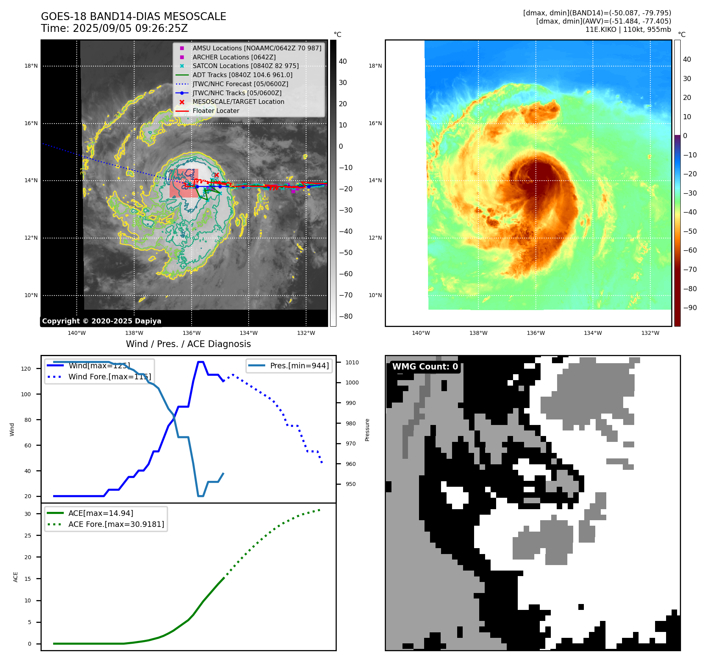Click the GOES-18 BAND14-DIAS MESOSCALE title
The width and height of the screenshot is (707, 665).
tap(133, 17)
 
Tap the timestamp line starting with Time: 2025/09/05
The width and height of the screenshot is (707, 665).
tap(114, 29)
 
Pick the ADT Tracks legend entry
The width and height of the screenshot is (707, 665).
tap(242, 75)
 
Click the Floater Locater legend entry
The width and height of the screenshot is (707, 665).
tap(216, 111)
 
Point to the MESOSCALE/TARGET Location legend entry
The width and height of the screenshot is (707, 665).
tap(238, 102)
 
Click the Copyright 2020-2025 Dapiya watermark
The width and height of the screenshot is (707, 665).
tap(102, 321)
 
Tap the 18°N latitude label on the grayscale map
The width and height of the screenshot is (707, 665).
tap(31, 66)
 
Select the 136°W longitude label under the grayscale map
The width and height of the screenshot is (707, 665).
tap(191, 333)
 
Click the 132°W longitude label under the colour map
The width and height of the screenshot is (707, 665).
tap(650, 333)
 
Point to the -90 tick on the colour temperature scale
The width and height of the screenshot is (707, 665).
tap(690, 308)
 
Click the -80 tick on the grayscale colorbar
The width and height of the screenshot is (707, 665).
tap(346, 316)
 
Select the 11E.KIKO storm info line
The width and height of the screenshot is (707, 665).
tap(628, 30)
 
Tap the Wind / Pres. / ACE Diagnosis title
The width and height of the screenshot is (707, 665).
tap(188, 344)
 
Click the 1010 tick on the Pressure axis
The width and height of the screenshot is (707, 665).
tap(352, 362)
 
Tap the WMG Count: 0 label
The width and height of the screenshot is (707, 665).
tap(425, 367)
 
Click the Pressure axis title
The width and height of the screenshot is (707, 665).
tap(367, 430)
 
